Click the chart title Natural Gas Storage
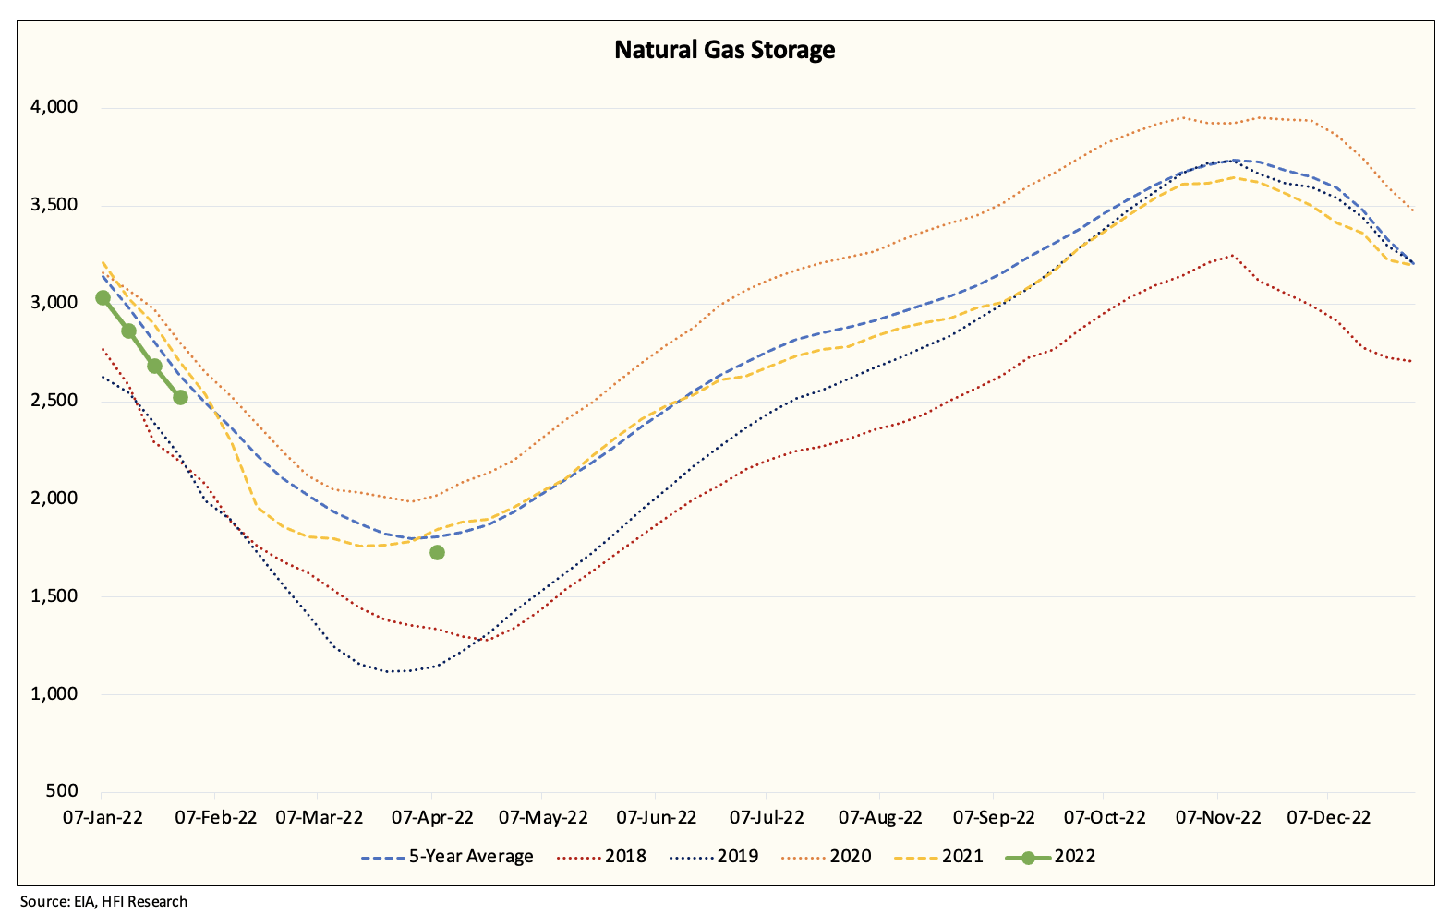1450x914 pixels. pyautogui.click(x=724, y=50)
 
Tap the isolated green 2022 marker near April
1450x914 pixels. pyautogui.click(x=437, y=552)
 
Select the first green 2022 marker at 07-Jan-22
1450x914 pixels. pyautogui.click(x=103, y=298)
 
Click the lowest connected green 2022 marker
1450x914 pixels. pyautogui.click(x=180, y=397)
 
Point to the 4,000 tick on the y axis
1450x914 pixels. pyautogui.click(x=54, y=107)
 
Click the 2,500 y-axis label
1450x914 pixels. pyautogui.click(x=54, y=401)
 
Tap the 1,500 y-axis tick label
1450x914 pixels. pyautogui.click(x=54, y=595)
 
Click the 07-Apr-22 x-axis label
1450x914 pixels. pyautogui.click(x=432, y=817)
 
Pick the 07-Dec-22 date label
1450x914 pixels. pyautogui.click(x=1329, y=817)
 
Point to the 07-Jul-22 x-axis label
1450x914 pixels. pyautogui.click(x=767, y=817)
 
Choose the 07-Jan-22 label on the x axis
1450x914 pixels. pyautogui.click(x=103, y=817)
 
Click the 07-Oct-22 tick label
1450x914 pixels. pyautogui.click(x=1105, y=817)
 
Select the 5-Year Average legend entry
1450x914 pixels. pyautogui.click(x=448, y=857)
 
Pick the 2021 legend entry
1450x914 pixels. pyautogui.click(x=939, y=857)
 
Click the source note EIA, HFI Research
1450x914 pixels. pyautogui.click(x=103, y=901)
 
